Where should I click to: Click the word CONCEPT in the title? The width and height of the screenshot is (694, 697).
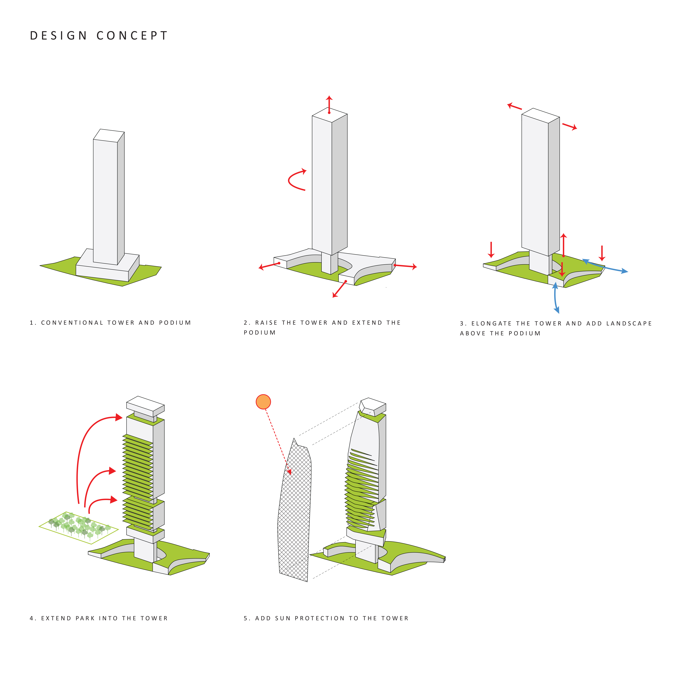click(132, 36)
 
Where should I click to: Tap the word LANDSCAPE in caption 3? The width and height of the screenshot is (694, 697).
click(629, 324)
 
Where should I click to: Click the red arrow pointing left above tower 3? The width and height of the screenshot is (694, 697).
click(515, 106)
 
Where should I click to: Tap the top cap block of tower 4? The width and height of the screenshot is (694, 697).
click(145, 406)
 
